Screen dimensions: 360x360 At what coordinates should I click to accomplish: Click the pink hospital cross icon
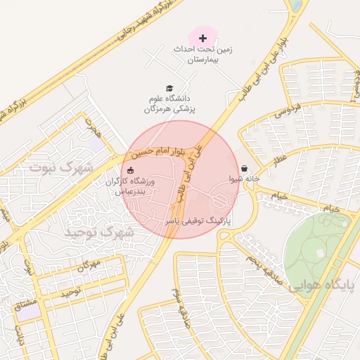tap(203, 37)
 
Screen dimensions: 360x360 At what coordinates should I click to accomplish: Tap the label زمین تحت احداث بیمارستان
tap(203, 56)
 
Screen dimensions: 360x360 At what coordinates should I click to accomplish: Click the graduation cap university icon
tap(169, 87)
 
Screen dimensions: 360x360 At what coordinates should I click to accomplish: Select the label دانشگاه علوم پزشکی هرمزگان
tap(172, 104)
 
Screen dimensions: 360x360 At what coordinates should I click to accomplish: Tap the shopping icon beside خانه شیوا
tap(244, 169)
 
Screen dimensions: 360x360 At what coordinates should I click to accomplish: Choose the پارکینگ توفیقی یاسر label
tap(207, 221)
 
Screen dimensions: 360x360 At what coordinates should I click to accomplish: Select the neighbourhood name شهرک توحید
tap(98, 232)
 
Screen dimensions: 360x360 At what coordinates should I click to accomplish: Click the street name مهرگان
tap(89, 265)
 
